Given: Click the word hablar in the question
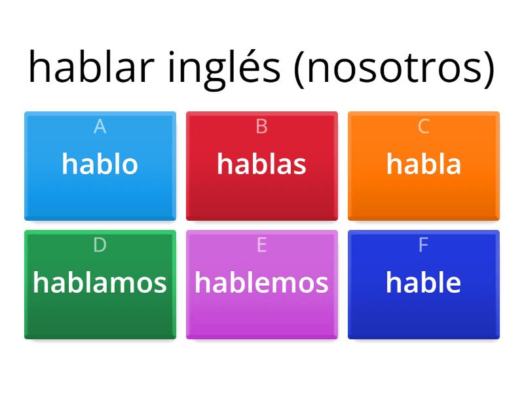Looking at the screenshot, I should coord(92,67).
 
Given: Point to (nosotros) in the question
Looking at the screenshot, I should coord(394,68).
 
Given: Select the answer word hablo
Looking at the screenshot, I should coord(100,164).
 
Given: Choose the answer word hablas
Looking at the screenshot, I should coord(261,164).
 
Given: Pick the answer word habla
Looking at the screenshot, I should coord(423,164).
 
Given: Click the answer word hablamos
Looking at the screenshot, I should coord(100,282).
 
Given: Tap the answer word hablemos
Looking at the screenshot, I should coord(261,282).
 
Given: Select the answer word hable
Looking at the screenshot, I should coord(423,282).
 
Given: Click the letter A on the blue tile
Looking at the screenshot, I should coord(100,126).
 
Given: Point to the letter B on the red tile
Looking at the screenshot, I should coord(261,126).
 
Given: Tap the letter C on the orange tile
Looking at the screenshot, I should coord(423,126).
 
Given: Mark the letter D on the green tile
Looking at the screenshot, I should coord(100,245).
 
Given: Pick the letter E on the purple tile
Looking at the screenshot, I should coord(261,245).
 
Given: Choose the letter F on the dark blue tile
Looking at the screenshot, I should coord(423,245).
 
